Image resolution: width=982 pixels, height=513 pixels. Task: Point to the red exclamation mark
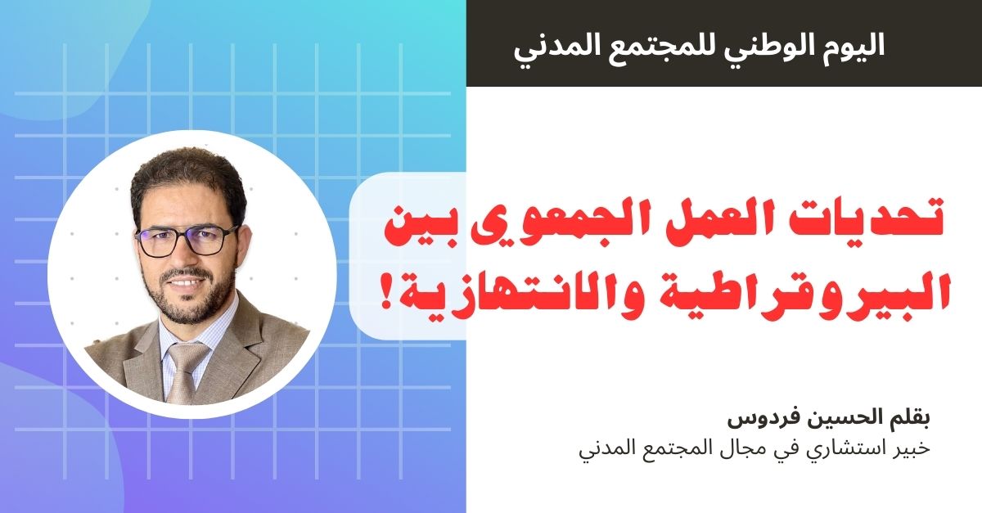click(387, 294)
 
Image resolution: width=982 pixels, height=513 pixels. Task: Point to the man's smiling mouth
click(187, 283)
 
